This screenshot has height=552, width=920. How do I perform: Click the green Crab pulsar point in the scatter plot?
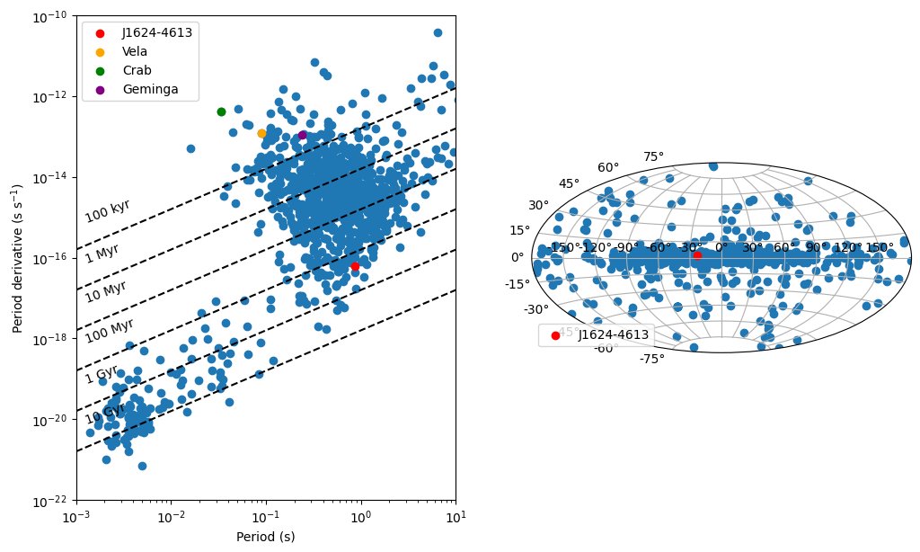pos(221,111)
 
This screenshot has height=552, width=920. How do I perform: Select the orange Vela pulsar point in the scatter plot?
pos(261,133)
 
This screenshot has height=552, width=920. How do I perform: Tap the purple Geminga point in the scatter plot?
pos(302,135)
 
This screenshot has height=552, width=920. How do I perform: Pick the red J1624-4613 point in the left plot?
pos(355,266)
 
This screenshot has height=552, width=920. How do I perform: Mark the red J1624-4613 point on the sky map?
pos(697,255)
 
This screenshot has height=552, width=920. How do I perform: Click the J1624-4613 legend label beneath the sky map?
pos(612,334)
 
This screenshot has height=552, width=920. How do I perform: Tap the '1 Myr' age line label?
pos(102,253)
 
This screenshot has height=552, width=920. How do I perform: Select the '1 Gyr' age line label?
pos(102,374)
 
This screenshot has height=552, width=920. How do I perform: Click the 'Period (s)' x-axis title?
pos(265,537)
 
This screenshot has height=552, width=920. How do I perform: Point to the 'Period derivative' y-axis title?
pos(18,258)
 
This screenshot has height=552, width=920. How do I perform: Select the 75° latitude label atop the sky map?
pos(653,156)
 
